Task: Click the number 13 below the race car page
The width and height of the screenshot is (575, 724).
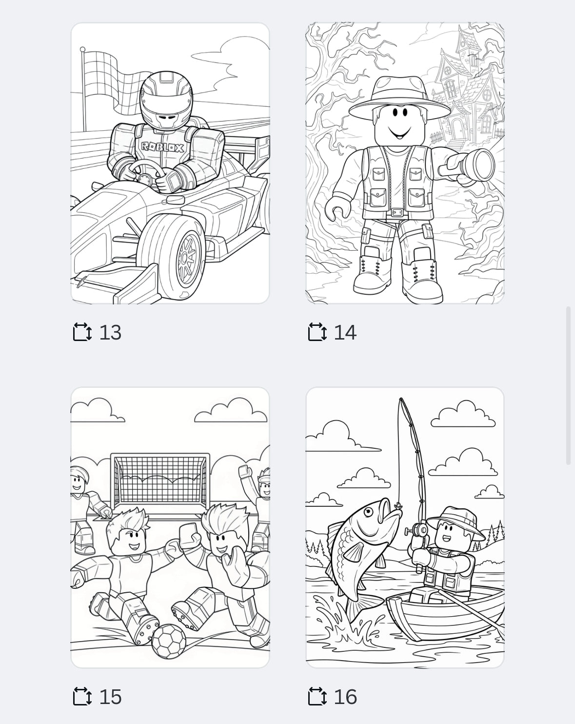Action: coord(110,333)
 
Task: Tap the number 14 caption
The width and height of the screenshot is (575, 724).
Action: coord(345,333)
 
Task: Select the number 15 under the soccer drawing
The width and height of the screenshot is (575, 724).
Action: coord(110,697)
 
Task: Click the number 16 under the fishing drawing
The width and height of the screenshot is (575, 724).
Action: coord(345,697)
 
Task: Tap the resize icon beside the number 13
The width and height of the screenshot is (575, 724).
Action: coord(82,332)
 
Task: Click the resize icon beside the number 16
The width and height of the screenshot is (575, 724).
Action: coord(317,697)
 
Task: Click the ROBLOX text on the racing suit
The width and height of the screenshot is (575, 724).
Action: coord(162,147)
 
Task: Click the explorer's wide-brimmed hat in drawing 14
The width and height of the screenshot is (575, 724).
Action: coord(399,98)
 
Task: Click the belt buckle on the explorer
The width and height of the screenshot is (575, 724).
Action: coord(398,213)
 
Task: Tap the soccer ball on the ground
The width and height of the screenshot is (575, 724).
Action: coord(168,641)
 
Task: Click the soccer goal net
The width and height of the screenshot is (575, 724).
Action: coord(159,481)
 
